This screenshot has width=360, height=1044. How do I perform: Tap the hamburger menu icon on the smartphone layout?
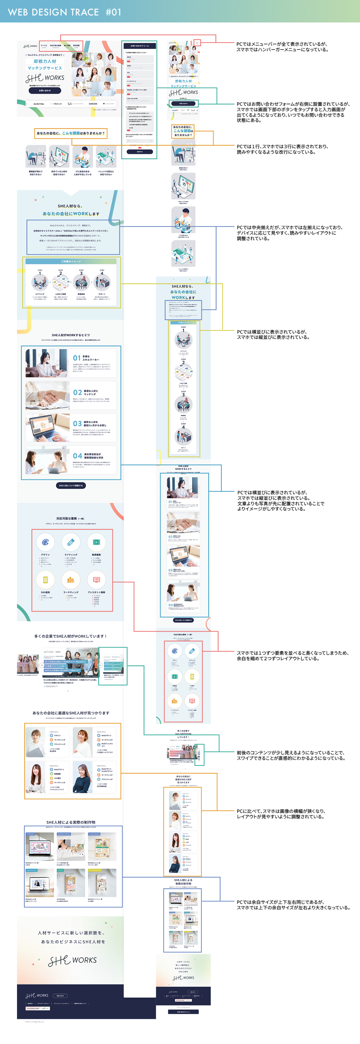click(197, 43)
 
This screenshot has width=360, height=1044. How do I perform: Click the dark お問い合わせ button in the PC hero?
click(45, 91)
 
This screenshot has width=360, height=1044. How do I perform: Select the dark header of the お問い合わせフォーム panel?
click(139, 46)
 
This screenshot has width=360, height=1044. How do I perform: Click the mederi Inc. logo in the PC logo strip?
click(39, 104)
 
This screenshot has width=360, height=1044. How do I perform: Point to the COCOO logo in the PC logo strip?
click(93, 104)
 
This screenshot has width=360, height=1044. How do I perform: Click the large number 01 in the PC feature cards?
click(77, 358)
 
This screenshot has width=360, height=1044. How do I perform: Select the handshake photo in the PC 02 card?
click(48, 395)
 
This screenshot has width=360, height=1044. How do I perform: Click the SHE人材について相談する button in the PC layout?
click(71, 485)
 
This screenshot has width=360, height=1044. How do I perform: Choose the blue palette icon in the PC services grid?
click(46, 542)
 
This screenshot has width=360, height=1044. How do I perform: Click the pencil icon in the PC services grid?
click(71, 542)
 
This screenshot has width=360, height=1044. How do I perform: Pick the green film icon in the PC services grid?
click(96, 542)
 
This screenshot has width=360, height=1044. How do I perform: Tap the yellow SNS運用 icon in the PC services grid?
click(46, 580)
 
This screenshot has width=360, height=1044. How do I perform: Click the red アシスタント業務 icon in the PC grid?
click(96, 580)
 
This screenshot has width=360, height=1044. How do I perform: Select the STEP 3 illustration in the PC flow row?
click(81, 282)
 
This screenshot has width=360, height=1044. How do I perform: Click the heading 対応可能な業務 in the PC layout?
click(70, 518)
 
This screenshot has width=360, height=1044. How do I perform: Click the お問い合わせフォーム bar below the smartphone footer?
click(183, 1011)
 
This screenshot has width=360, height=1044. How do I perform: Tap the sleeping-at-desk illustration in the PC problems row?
click(36, 156)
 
